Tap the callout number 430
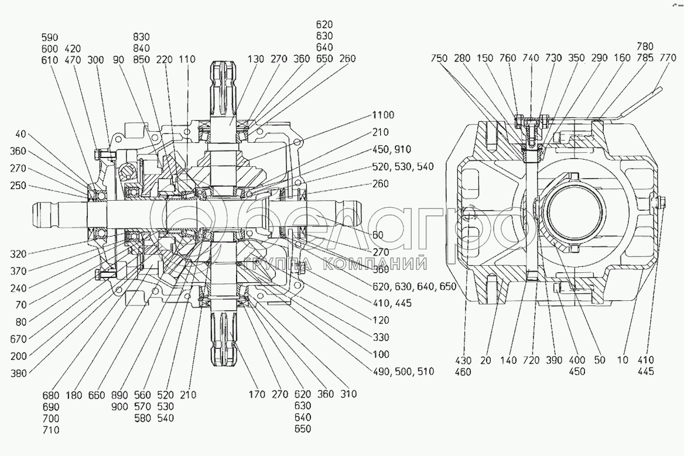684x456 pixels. [x=464, y=360]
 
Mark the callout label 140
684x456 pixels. [x=508, y=360]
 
